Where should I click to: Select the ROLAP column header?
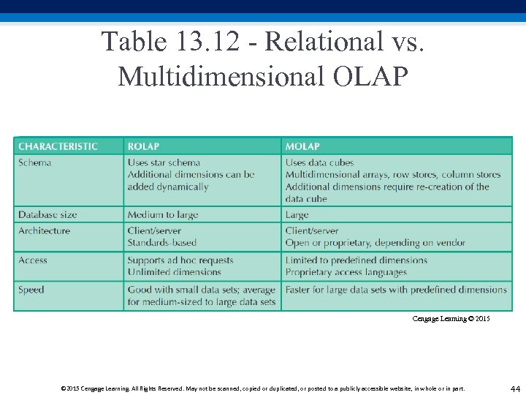[143, 146]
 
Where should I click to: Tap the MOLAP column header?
[302, 146]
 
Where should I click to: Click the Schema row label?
[35, 162]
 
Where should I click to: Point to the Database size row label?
[47, 215]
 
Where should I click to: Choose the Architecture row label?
[45, 230]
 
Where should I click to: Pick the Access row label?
[33, 260]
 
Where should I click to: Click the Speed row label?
[31, 290]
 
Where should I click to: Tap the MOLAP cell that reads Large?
[297, 215]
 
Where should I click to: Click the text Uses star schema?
[164, 162]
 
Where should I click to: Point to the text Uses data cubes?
[319, 162]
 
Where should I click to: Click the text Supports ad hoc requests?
[180, 260]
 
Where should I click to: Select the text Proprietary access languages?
[346, 272]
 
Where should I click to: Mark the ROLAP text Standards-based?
[162, 242]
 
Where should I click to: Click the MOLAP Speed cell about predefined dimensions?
[396, 290]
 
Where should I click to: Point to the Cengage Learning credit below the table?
[451, 319]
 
